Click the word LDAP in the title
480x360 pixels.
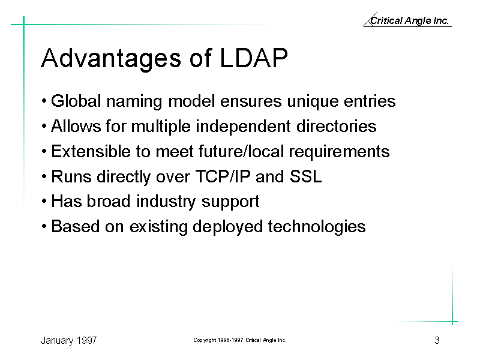(x=254, y=58)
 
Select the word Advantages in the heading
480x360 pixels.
(x=111, y=59)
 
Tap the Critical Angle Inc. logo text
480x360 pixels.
(x=409, y=20)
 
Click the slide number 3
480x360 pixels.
(x=437, y=340)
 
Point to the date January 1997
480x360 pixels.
(x=69, y=341)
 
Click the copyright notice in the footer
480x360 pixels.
(x=239, y=340)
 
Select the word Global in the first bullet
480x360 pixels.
(x=76, y=101)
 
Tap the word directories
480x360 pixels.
(x=336, y=126)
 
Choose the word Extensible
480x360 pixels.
(x=91, y=151)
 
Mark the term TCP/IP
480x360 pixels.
(x=223, y=176)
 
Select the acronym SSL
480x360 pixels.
(x=305, y=176)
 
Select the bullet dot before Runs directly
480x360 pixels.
(x=44, y=176)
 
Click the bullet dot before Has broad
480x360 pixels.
(x=44, y=202)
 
